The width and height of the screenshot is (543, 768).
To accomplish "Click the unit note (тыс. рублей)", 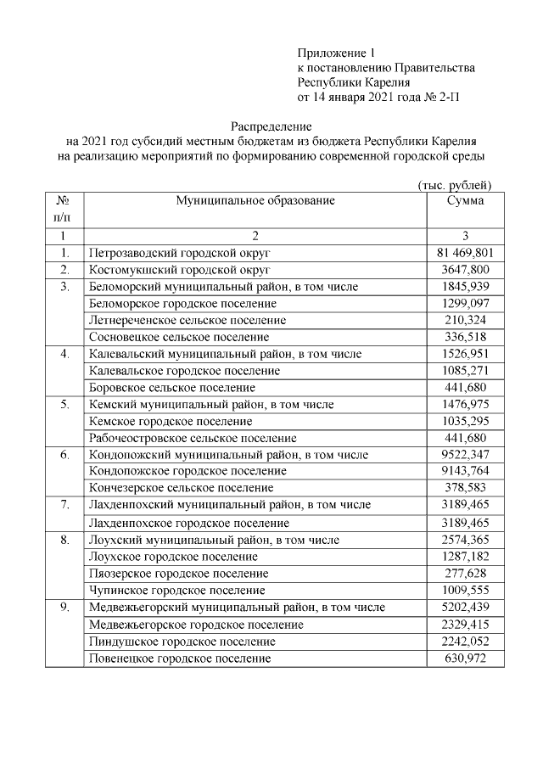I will pyautogui.click(x=455, y=185).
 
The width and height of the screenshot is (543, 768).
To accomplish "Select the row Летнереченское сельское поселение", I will pyautogui.click(x=188, y=320).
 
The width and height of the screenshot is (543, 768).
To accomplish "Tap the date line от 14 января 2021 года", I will pyautogui.click(x=379, y=98).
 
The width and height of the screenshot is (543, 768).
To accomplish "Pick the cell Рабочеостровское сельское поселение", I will pyautogui.click(x=193, y=438).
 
